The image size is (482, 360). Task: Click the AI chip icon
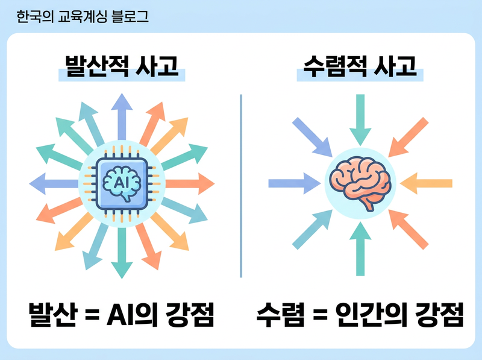coord(122,180)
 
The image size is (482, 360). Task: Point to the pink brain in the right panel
coord(360,182)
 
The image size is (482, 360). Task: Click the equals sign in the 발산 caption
coord(90,315)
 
